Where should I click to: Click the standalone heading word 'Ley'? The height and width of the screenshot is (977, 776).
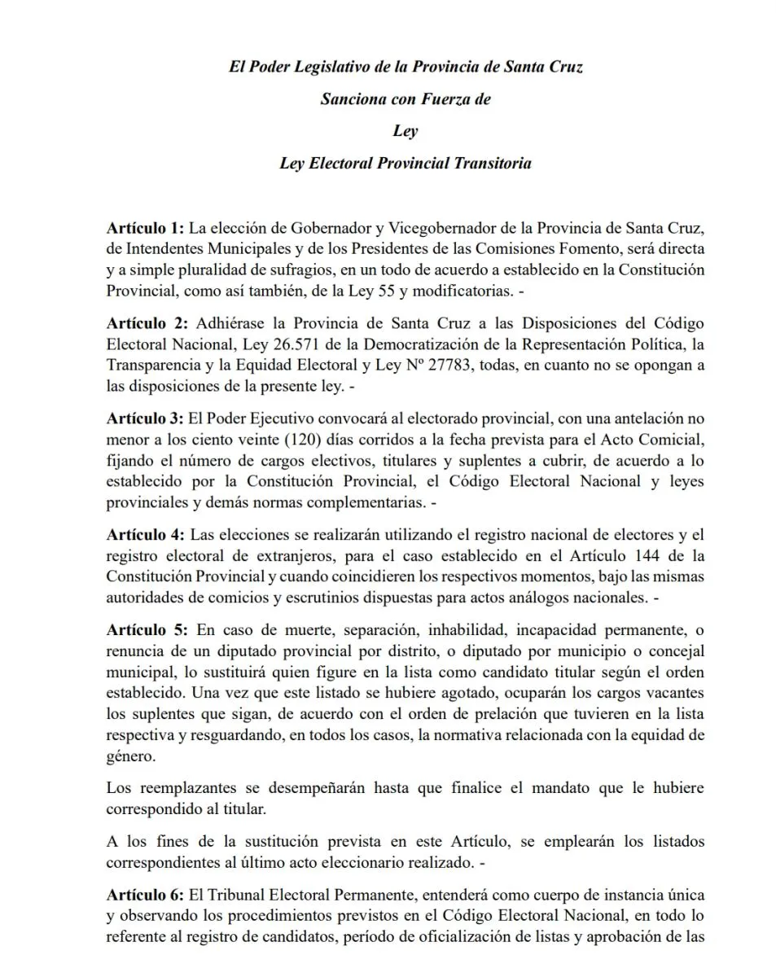405,130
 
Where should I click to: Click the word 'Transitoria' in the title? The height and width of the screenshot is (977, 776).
493,163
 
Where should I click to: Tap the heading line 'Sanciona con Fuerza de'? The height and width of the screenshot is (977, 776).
405,99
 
